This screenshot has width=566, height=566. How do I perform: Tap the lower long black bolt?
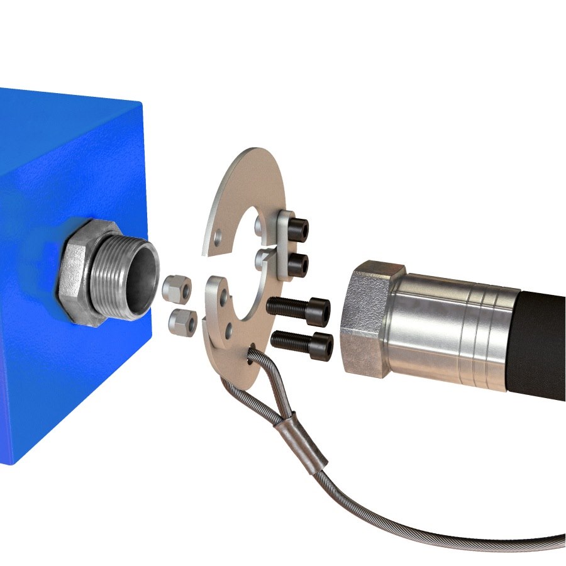pyautogui.click(x=302, y=343)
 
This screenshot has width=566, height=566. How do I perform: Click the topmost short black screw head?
pyautogui.click(x=299, y=228)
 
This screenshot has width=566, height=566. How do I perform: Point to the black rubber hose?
pyautogui.click(x=543, y=340)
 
